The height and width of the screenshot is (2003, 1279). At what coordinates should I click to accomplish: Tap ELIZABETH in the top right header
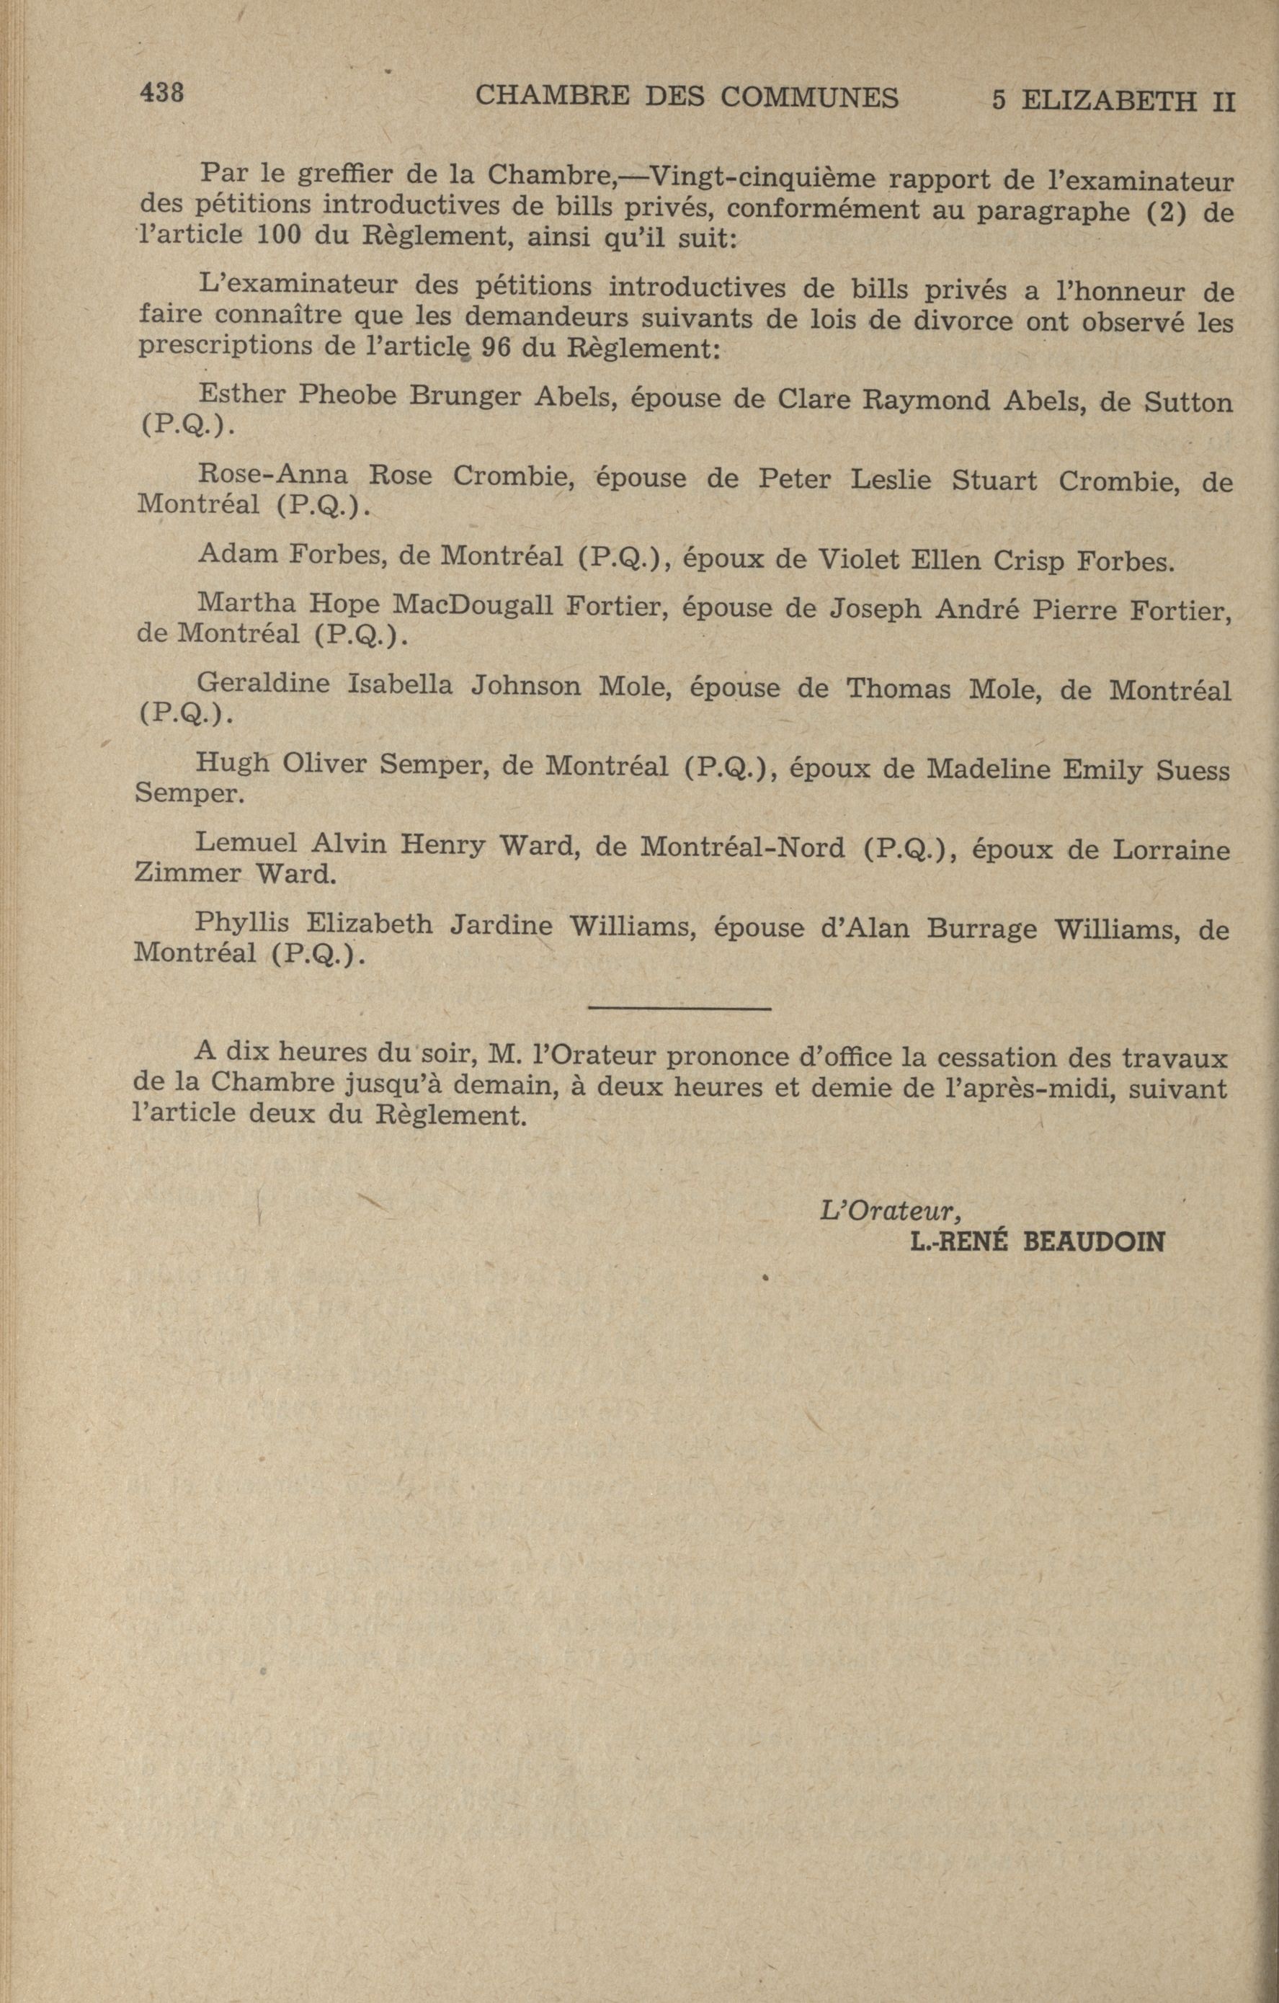[x=1107, y=101]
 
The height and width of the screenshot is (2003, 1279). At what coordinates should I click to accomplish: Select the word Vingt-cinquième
[x=758, y=178]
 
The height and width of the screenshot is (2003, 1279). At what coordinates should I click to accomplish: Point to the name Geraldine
[x=263, y=684]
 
